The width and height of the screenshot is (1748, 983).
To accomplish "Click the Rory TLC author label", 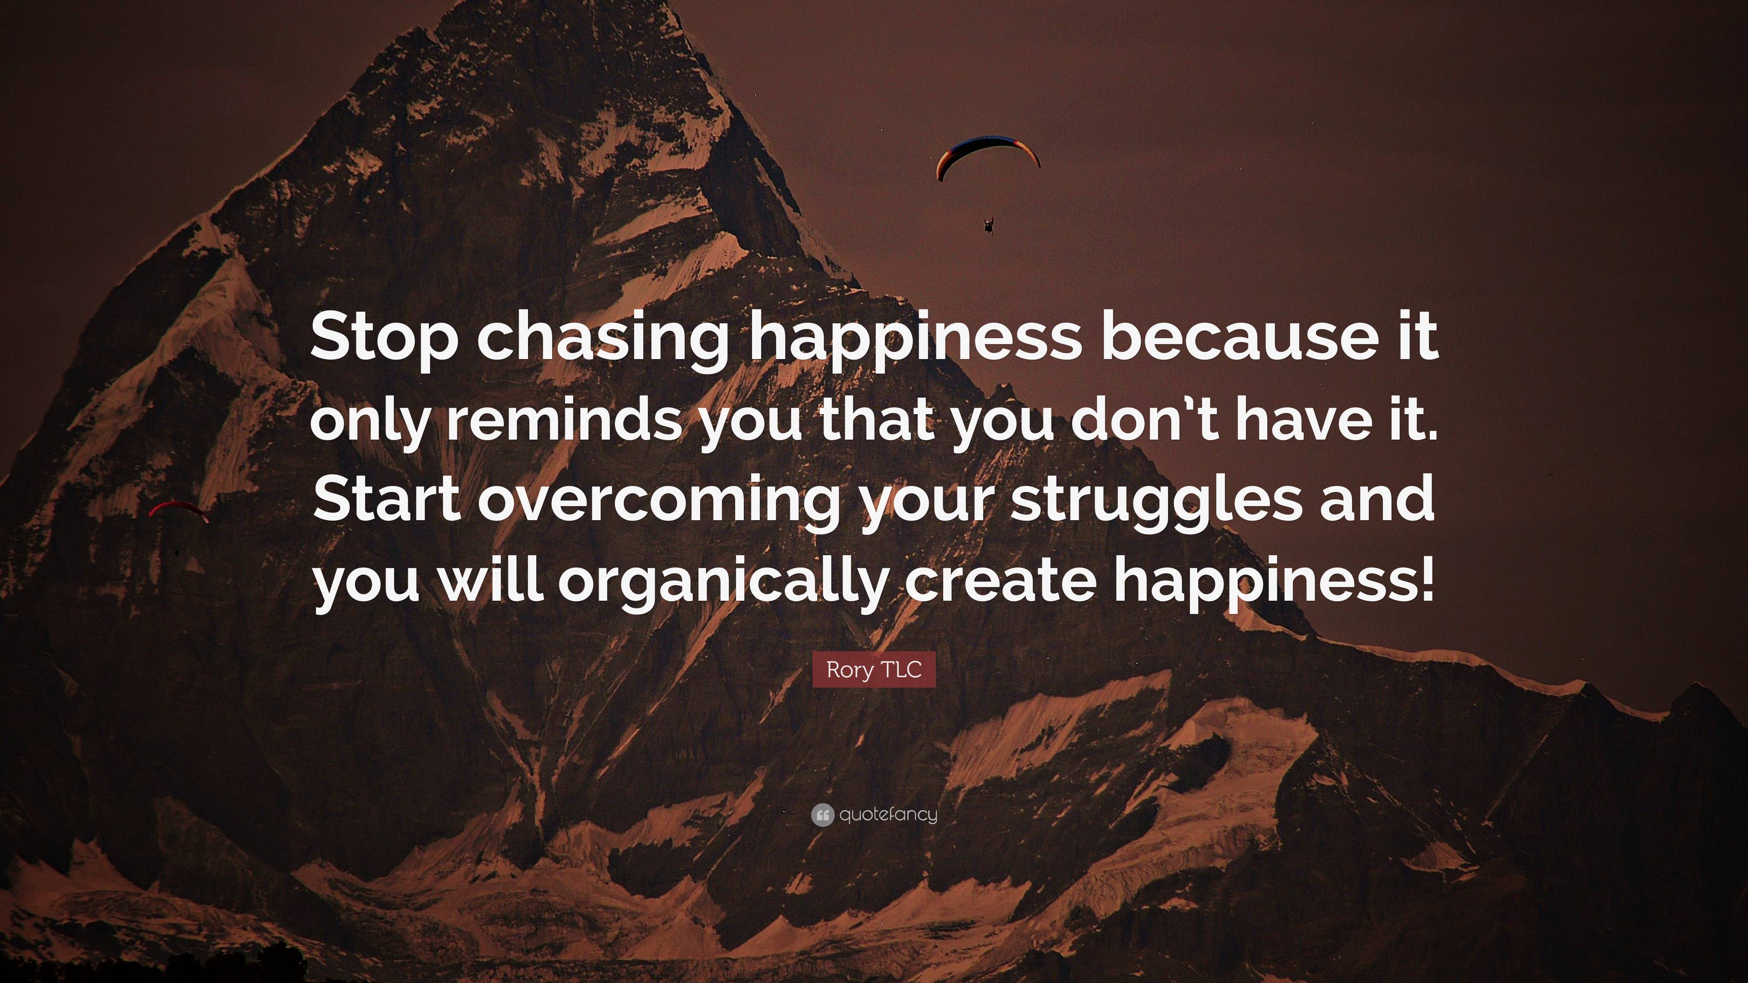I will coord(874,669).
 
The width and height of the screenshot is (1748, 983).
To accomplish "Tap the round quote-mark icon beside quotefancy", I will coord(822,815).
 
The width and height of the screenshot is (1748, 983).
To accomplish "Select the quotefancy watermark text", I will coord(888,815).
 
